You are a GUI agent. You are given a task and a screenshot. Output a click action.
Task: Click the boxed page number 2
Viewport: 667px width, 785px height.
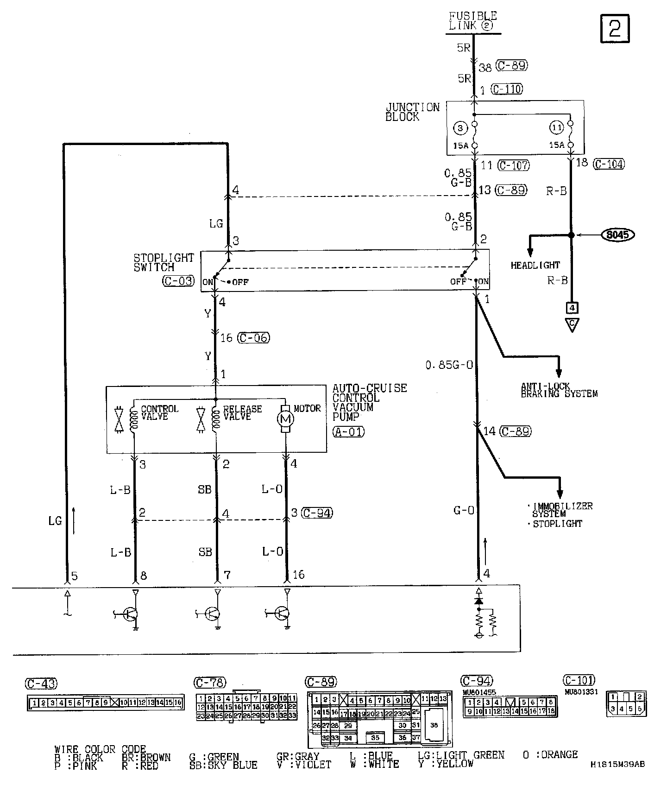[615, 28]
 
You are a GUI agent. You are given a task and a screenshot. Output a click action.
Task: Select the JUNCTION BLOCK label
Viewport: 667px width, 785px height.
[412, 112]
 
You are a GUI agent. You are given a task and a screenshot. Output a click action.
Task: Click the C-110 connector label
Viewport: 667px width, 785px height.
[507, 89]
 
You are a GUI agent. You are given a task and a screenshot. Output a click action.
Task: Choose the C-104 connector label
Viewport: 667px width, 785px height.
[609, 164]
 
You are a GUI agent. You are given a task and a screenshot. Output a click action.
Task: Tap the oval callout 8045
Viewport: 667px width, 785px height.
[617, 235]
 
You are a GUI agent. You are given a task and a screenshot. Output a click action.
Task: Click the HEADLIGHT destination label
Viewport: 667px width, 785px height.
[535, 266]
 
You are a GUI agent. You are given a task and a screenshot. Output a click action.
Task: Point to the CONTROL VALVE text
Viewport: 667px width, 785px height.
[159, 412]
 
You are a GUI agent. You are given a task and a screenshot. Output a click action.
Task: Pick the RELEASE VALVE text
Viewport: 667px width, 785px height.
[242, 412]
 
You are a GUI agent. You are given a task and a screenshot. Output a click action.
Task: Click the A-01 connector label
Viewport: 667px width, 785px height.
[348, 432]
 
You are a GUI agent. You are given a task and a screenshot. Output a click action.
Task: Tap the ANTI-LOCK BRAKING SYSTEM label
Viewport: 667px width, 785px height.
[559, 390]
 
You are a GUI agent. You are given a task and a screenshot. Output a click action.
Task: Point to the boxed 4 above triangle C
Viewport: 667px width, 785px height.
[572, 307]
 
